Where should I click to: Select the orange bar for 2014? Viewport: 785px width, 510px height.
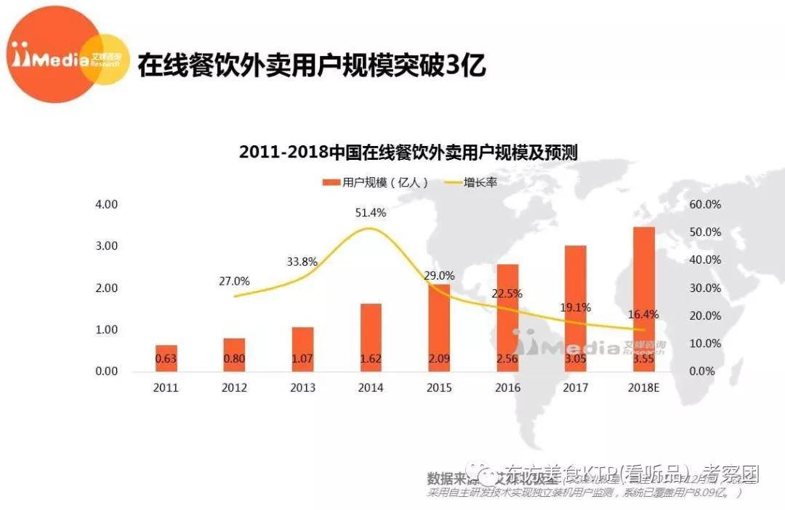(x=371, y=337)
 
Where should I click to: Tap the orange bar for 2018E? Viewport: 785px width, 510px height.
(x=644, y=299)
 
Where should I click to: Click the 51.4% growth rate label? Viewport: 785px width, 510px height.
(x=371, y=213)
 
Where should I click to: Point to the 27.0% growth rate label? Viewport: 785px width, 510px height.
(x=234, y=281)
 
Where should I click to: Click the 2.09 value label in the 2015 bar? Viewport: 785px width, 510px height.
(x=438, y=358)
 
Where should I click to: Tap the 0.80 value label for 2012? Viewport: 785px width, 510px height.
(x=234, y=358)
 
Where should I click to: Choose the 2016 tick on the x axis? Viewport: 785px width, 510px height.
(x=507, y=388)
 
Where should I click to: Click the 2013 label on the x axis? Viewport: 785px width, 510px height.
(x=302, y=388)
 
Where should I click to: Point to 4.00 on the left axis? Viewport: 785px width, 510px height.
(x=106, y=205)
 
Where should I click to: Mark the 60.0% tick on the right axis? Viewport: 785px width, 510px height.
(x=704, y=205)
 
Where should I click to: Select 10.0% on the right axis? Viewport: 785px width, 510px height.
(x=704, y=343)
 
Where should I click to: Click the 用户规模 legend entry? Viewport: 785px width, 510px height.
(x=375, y=182)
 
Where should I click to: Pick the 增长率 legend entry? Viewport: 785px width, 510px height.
(x=472, y=182)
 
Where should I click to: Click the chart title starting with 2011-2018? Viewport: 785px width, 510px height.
(x=408, y=153)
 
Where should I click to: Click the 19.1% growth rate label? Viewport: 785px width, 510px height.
(x=576, y=307)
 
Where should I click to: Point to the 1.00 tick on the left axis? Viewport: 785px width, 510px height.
(x=106, y=330)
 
